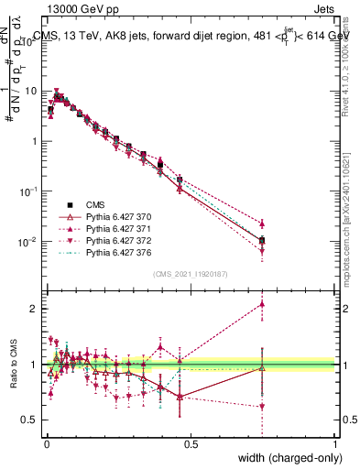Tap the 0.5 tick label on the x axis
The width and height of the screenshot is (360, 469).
pyautogui.click(x=191, y=444)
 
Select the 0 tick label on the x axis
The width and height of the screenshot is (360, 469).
pyautogui.click(x=46, y=444)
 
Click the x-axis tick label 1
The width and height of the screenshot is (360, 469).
pyautogui.click(x=335, y=444)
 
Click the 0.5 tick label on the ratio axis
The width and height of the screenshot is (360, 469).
pyautogui.click(x=32, y=420)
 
